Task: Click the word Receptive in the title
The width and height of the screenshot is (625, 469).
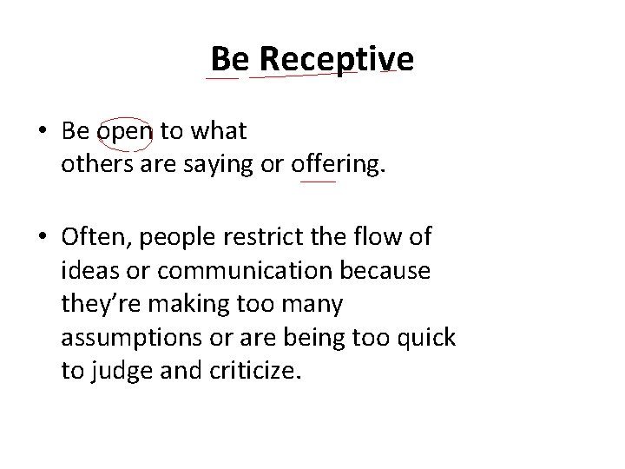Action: [x=336, y=58]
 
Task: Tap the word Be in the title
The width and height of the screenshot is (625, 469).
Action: [x=229, y=58]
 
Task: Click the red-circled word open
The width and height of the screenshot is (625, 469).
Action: [x=124, y=132]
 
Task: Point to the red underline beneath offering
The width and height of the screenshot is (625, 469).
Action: [x=318, y=182]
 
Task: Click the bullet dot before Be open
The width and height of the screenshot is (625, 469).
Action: [x=43, y=133]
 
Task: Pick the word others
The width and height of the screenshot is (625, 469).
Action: [x=93, y=161]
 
